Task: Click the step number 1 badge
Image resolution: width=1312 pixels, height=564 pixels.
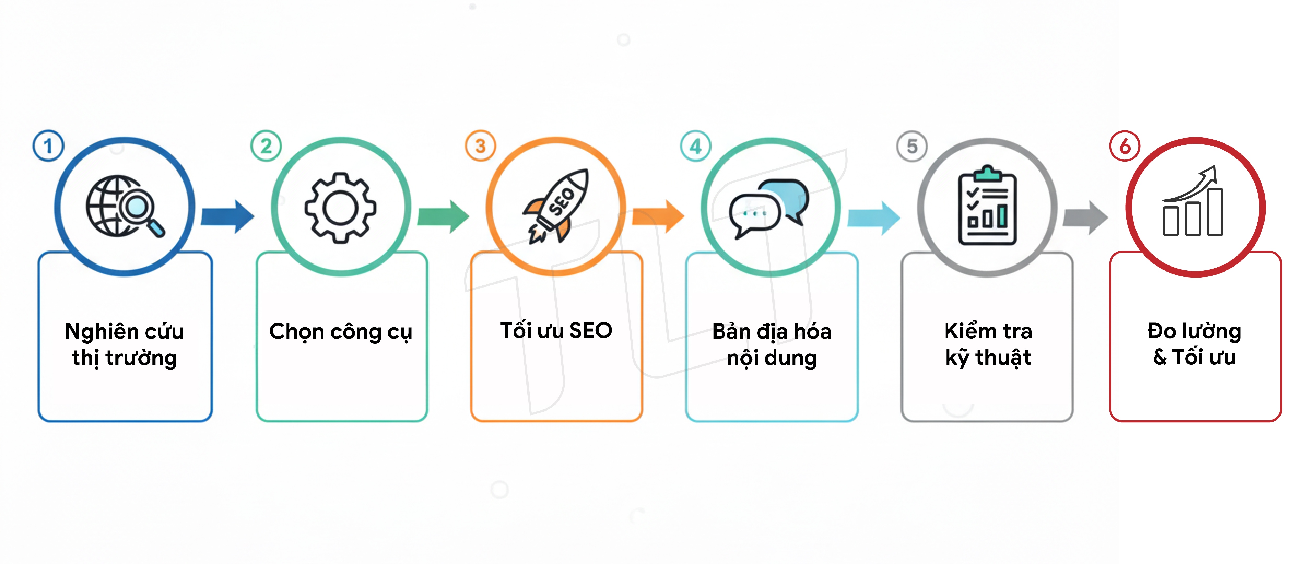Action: click(48, 146)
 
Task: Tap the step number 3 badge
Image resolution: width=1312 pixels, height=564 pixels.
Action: click(480, 146)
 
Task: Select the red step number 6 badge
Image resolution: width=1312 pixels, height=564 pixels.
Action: click(1124, 146)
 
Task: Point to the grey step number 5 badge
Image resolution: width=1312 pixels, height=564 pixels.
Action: click(912, 146)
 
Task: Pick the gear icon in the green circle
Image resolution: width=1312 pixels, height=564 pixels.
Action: click(340, 207)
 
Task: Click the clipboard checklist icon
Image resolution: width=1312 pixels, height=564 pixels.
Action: click(988, 205)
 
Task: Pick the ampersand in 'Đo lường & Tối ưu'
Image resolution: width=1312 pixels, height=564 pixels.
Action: click(1160, 357)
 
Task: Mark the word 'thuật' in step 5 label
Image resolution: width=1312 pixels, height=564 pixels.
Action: click(1003, 357)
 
